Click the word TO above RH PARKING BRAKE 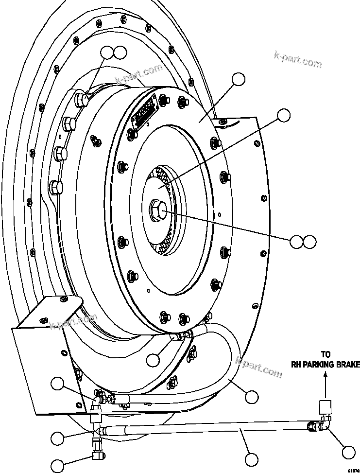pyautogui.click(x=326, y=355)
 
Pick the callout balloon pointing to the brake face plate pyautogui.click(x=238, y=80)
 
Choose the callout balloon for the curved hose pyautogui.click(x=251, y=397)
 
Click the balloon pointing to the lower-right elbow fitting pyautogui.click(x=349, y=452)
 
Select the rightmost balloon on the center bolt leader pyautogui.click(x=309, y=241)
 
